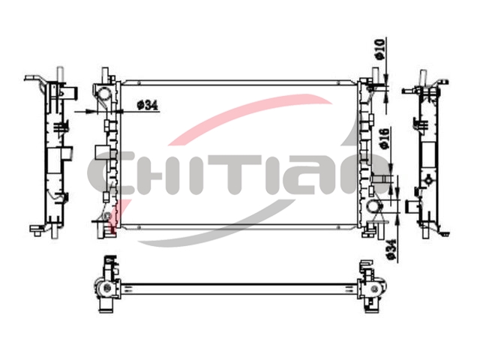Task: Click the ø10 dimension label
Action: tap(379, 49)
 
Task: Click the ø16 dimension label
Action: tap(385, 139)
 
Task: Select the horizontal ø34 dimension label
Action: tap(148, 106)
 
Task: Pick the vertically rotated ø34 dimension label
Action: tap(391, 250)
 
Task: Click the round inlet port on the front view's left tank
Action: tap(104, 93)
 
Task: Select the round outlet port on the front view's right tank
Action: tap(373, 206)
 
